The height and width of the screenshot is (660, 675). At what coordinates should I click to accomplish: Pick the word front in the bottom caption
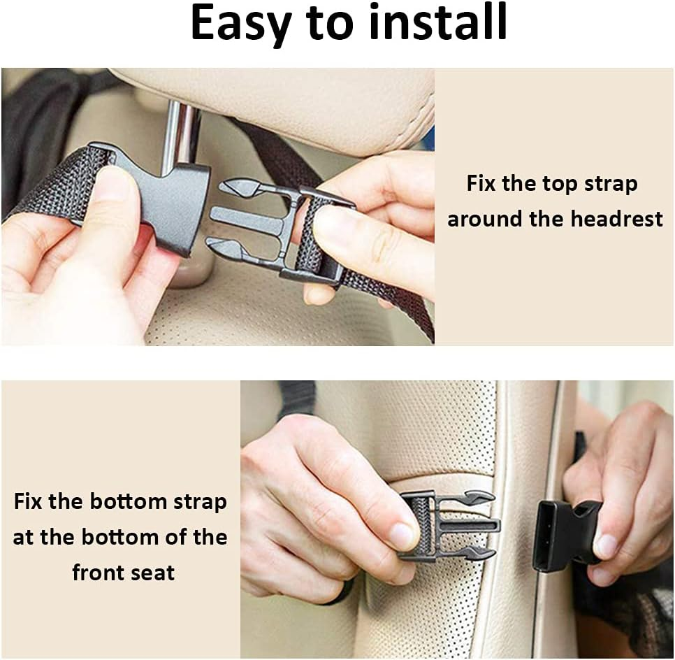[x=98, y=573]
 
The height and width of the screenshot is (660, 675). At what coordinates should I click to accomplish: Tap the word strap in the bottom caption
[x=192, y=502]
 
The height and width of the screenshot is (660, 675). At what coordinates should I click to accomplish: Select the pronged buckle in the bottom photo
[x=447, y=525]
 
